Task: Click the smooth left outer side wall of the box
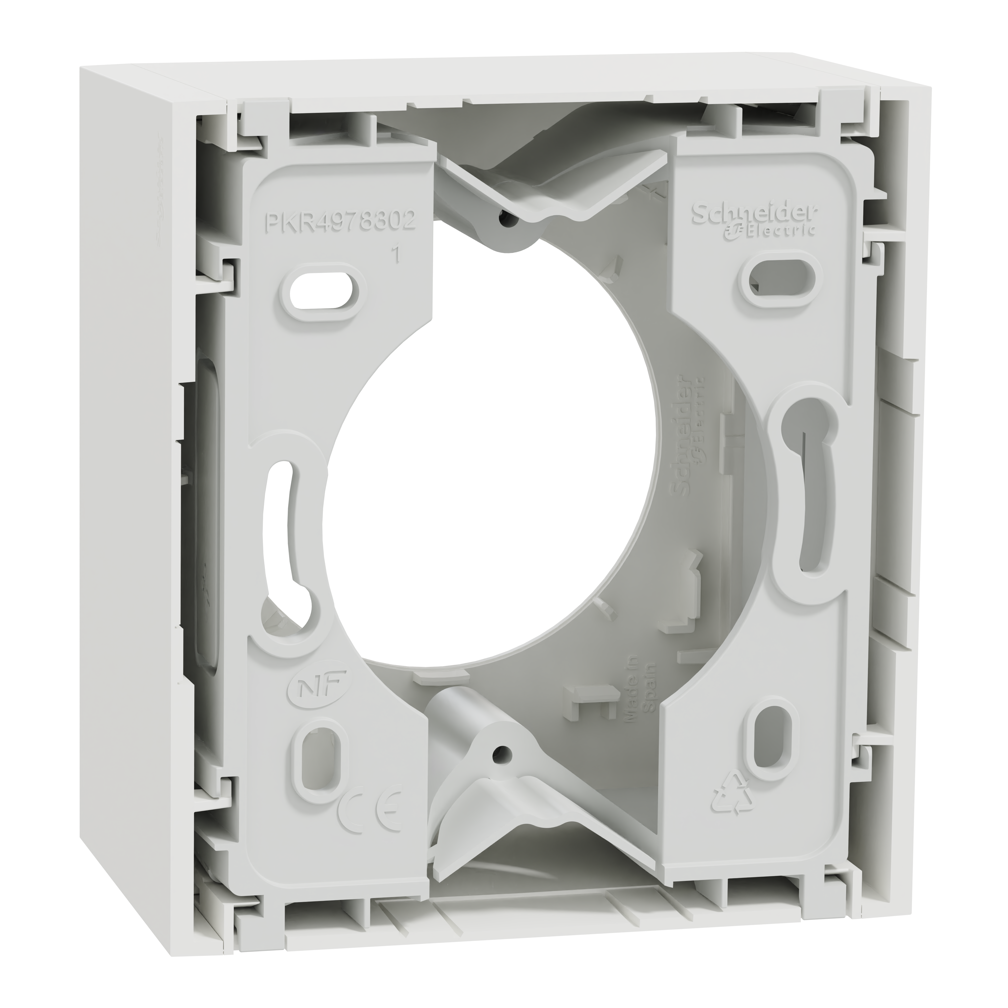point(136,469)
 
